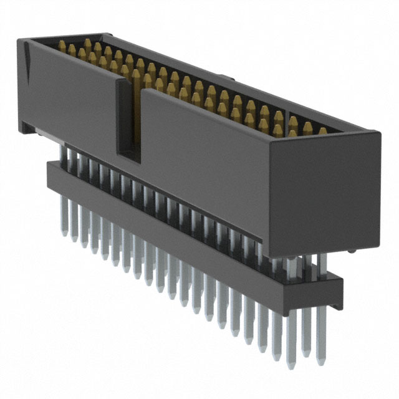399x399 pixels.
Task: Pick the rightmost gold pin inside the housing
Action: (323, 131)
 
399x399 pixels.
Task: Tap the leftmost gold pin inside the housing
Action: (62, 46)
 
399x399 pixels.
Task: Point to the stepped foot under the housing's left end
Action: (28, 128)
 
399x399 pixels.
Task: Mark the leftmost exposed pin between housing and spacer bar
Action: (62, 153)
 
